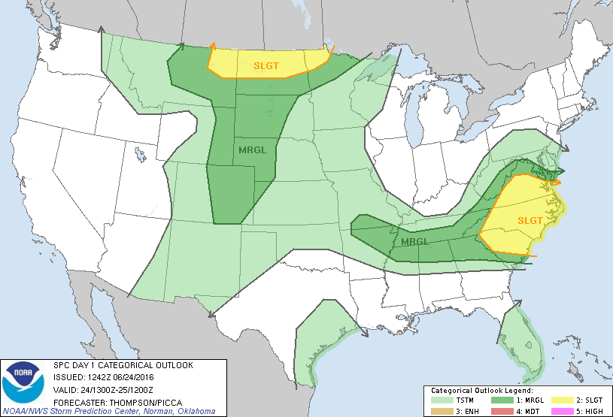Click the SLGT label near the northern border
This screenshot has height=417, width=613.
266,66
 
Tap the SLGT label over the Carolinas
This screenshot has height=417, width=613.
530,220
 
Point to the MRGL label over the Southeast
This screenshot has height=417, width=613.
414,242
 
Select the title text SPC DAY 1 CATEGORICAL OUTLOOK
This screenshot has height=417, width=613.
123,365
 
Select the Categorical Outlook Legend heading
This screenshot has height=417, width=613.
481,391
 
